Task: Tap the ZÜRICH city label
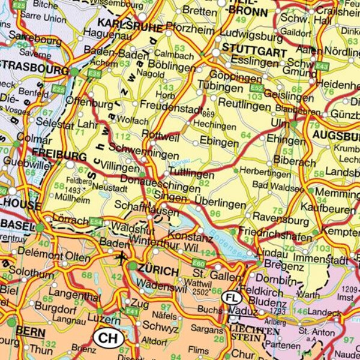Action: [x=158, y=271]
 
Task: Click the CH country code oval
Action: [x=109, y=338]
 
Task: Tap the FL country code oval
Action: [x=232, y=297]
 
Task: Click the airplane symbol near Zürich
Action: [x=122, y=258]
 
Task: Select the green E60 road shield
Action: [x=199, y=262]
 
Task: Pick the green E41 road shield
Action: [x=132, y=311]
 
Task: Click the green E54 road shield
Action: [x=96, y=221]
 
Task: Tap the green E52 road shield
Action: [x=257, y=88]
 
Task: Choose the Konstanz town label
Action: [x=191, y=238]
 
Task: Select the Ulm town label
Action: [x=280, y=122]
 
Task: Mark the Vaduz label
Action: [x=245, y=313]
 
